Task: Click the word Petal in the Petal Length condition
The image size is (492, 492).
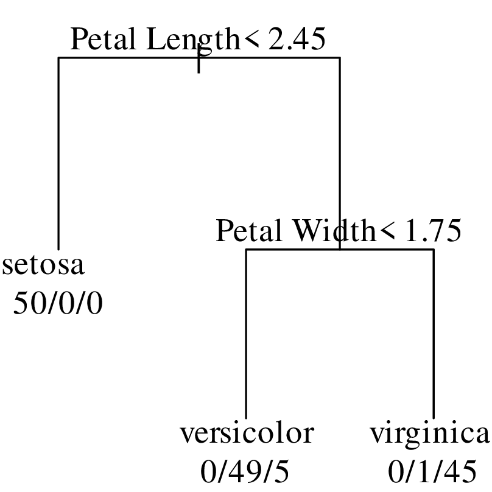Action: point(104,38)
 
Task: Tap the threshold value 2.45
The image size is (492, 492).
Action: point(297,38)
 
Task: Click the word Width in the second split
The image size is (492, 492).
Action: point(334,231)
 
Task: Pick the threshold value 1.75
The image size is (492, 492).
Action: point(434,231)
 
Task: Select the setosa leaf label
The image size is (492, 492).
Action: point(43,265)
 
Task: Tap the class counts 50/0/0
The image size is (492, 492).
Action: point(58,303)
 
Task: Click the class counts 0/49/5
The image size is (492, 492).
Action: point(245,472)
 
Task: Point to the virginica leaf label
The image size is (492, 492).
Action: point(429,437)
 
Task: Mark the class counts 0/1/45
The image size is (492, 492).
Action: point(432,472)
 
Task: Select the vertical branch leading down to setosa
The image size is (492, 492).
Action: point(58,153)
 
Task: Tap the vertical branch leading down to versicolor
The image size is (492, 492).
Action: point(246,334)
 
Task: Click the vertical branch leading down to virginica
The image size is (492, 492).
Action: point(434,334)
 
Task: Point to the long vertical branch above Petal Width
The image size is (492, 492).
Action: point(340,153)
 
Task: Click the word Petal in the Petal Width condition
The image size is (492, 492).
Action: point(248,231)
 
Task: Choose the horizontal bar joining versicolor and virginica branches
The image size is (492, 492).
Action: point(340,250)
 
